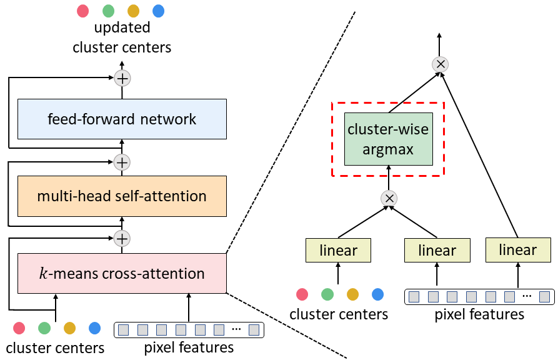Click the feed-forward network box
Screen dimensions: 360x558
pos(122,119)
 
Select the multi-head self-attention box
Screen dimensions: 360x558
pos(122,196)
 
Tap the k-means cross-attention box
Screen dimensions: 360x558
pos(122,273)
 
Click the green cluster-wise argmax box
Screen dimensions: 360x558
pos(388,139)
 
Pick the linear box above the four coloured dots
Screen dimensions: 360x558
pos(339,251)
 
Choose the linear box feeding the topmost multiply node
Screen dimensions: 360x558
pos(518,250)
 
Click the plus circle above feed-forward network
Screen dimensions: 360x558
pos(122,78)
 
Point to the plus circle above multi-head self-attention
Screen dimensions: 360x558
pos(122,162)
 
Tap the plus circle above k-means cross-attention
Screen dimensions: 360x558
pos(122,238)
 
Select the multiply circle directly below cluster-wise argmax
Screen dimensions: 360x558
pos(389,198)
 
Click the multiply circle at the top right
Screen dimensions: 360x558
pos(440,64)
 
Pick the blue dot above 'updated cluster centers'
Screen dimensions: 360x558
pos(158,11)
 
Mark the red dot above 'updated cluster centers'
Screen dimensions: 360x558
pos(83,11)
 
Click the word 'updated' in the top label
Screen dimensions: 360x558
pos(122,28)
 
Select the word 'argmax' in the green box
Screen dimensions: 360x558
pos(389,149)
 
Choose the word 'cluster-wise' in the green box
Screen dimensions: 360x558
pos(389,131)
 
